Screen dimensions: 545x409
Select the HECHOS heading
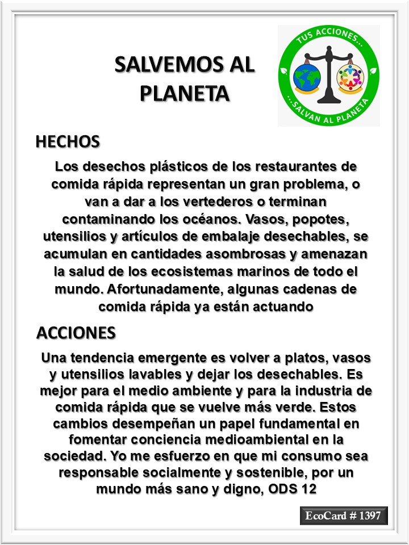68,141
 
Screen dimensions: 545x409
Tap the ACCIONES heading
76,333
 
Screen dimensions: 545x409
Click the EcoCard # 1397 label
344,516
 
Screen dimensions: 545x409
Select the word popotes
328,219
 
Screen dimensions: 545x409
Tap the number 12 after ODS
309,490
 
